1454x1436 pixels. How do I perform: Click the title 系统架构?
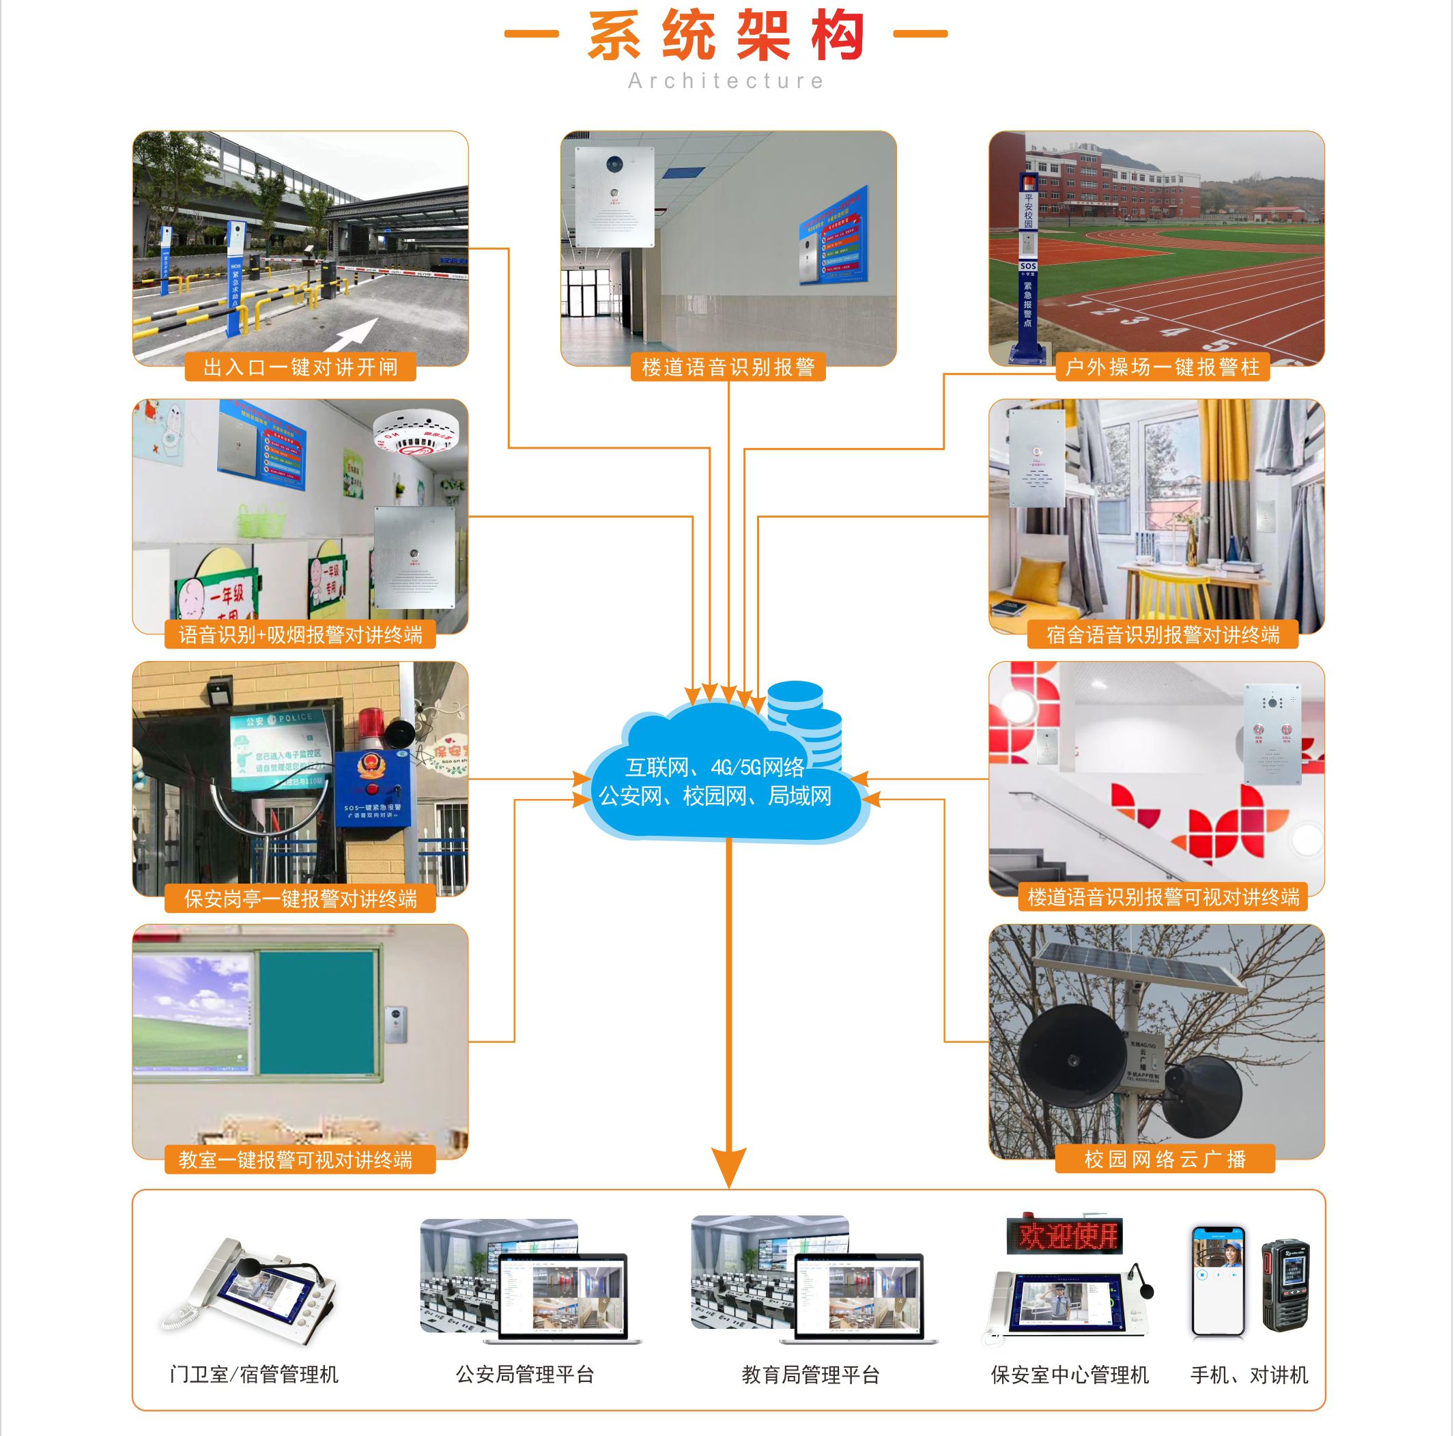pos(726,36)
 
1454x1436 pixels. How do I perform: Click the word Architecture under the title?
pos(726,81)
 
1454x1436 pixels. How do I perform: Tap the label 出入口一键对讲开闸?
pos(300,367)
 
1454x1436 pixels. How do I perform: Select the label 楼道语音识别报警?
pos(728,367)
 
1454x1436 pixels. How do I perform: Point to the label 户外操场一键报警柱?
pos(1162,367)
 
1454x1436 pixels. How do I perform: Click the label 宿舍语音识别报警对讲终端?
pos(1162,634)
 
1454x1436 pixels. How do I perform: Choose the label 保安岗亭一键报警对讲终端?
pos(300,899)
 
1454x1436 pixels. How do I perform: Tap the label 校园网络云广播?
pos(1165,1159)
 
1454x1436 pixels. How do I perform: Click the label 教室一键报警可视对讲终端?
pos(296,1159)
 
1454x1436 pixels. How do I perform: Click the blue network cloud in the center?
pos(715,783)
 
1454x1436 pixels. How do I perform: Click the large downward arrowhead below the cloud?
pos(728,1166)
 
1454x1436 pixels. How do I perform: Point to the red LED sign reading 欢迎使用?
pos(1064,1237)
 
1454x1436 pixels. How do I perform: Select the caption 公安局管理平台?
pos(524,1375)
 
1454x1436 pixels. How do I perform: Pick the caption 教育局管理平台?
pos(810,1375)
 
